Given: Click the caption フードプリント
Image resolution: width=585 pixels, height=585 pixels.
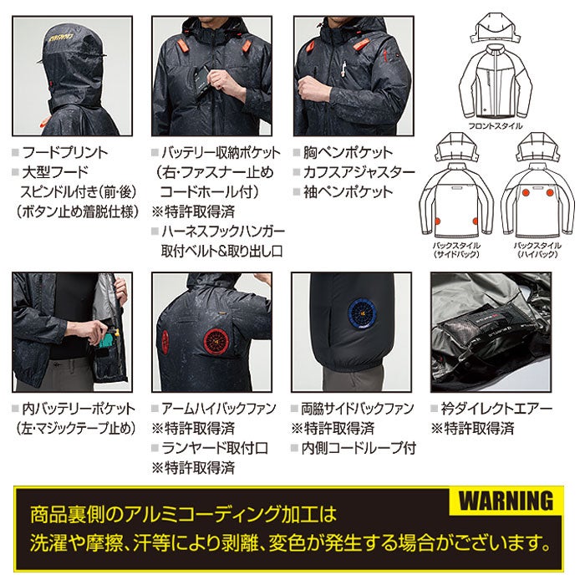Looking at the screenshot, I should point(64,153).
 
